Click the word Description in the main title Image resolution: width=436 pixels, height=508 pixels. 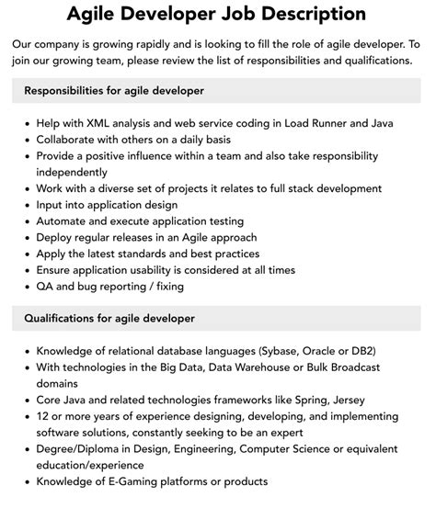pos(307,15)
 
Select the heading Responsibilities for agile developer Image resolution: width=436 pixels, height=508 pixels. pos(114,91)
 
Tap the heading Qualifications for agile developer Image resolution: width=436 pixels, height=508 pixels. pos(109,319)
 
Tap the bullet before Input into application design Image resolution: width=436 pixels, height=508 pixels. pos(25,205)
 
